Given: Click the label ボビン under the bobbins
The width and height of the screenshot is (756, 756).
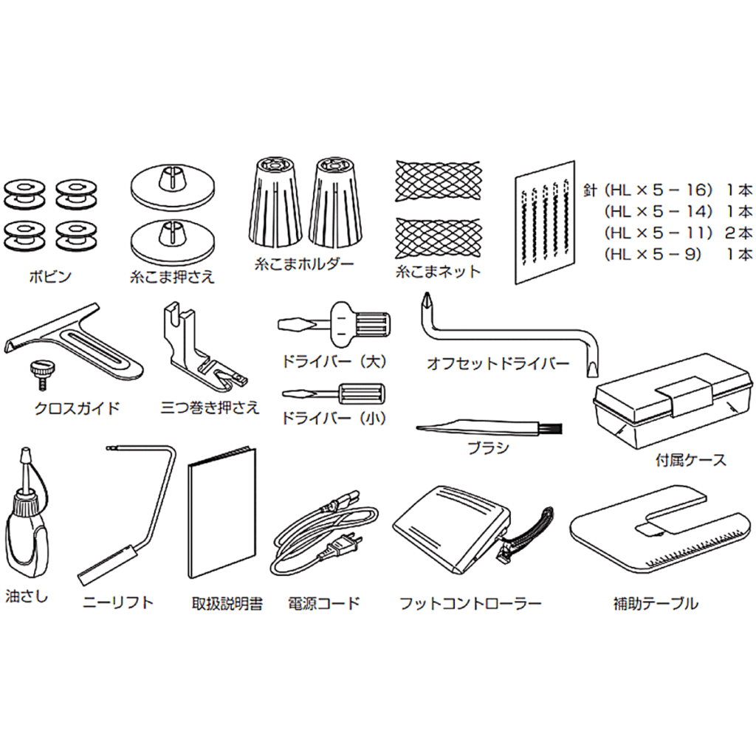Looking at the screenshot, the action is point(50,277).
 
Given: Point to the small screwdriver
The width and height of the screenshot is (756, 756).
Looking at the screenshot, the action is point(334,394).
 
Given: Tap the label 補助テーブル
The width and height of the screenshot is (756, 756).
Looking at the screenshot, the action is point(656,603).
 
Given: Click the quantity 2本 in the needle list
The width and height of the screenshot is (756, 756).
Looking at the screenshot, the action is point(738,233).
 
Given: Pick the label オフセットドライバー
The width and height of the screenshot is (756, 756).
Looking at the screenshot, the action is point(498,363).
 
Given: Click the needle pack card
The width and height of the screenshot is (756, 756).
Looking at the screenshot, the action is point(546,222).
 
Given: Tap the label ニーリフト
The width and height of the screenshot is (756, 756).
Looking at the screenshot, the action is point(117,602).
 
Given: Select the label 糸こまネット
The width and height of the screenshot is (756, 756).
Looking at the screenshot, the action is point(439,272).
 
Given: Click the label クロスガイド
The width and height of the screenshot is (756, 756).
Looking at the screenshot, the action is point(77,408).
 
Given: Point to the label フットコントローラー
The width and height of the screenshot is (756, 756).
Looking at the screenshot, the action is point(470,603).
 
